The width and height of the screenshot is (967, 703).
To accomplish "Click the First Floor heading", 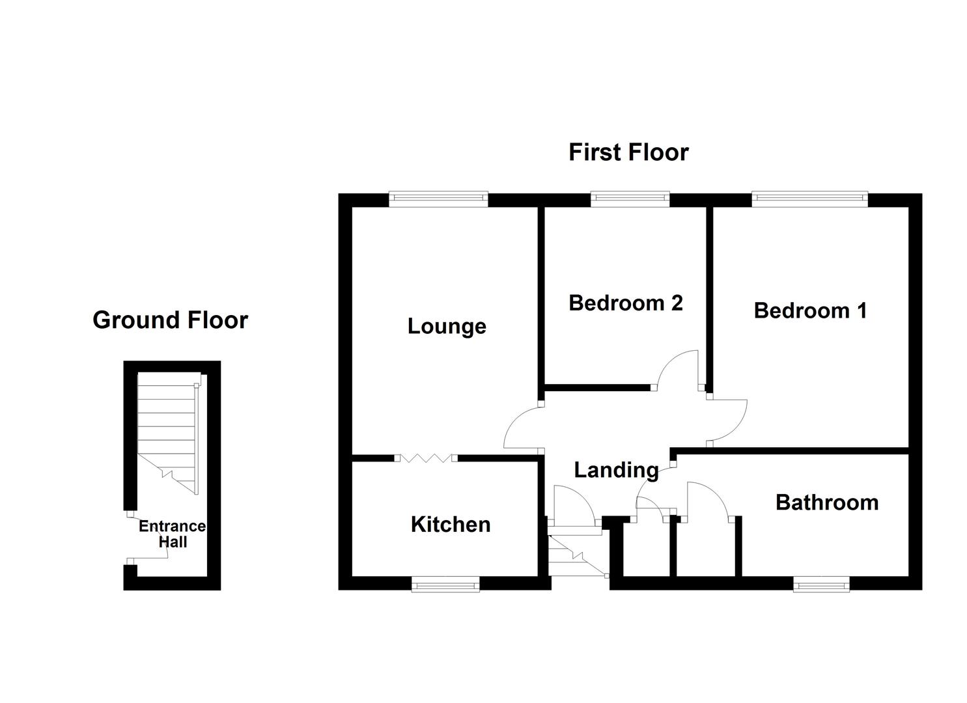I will tap(628, 152).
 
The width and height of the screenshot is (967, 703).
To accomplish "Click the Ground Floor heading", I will tap(170, 320).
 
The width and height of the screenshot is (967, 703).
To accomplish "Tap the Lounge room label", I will tap(447, 326).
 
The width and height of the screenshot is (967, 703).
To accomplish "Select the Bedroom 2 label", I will tap(625, 303).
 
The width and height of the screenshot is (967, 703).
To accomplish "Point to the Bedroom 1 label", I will tap(810, 310).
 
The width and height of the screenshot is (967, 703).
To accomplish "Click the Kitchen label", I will tap(450, 524).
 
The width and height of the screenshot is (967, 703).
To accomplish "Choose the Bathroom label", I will tap(826, 502).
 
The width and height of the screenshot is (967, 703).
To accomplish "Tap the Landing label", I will tap(615, 469).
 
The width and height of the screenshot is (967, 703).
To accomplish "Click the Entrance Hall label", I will tap(172, 534).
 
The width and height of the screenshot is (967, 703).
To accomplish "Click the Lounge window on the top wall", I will tap(438, 199).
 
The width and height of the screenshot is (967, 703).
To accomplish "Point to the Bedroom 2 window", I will tap(630, 199).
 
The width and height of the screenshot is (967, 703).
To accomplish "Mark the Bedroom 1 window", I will tap(809, 199).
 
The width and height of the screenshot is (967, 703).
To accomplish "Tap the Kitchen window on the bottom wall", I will tap(445, 585).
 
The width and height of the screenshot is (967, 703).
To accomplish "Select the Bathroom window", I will tap(821, 585).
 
